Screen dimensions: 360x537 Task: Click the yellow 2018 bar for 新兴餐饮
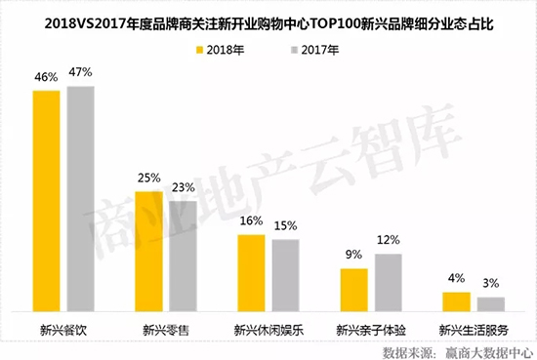pyautogui.click(x=48, y=200)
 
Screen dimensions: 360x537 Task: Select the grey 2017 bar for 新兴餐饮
pyautogui.click(x=80, y=198)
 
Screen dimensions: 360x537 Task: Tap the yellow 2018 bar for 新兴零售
pyautogui.click(x=149, y=250)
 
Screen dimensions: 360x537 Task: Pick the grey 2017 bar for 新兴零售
pyautogui.click(x=182, y=255)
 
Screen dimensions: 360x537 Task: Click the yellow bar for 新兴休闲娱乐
pyautogui.click(x=251, y=272)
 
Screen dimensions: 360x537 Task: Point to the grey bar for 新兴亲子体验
pyautogui.click(x=387, y=282)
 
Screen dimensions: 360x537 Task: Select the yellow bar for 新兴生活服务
pyautogui.click(x=456, y=300)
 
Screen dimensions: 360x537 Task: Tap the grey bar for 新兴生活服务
pyautogui.click(x=489, y=303)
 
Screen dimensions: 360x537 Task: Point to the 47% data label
pyautogui.click(x=80, y=73)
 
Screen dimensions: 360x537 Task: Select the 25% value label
pyautogui.click(x=149, y=179)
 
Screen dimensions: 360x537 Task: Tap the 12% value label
pyautogui.click(x=388, y=240)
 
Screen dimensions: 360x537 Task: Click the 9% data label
pyautogui.click(x=352, y=255)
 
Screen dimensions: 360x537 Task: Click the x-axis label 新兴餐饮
pyautogui.click(x=63, y=328)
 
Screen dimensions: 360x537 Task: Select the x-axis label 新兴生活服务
pyautogui.click(x=473, y=328)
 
